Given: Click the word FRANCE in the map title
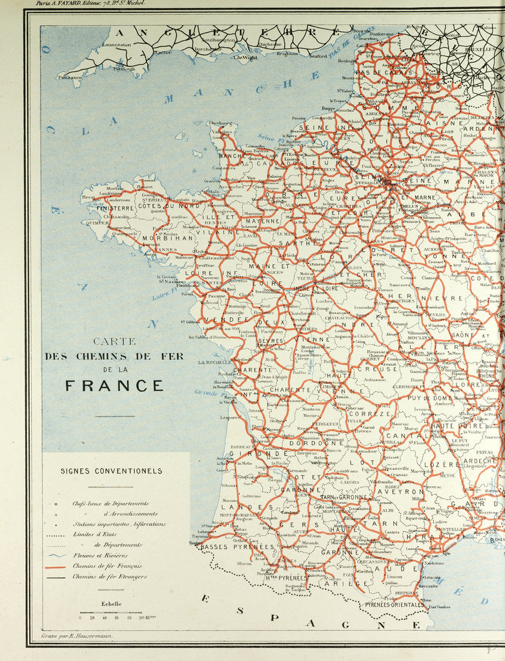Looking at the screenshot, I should [x=114, y=386].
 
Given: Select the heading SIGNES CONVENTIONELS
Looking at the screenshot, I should [x=111, y=471].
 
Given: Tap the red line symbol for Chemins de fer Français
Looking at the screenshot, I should [x=62, y=566].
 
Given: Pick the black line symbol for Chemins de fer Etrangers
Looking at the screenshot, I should [x=62, y=576].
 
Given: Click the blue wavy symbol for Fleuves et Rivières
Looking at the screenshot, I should [x=62, y=555].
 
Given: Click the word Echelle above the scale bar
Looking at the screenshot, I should [x=111, y=603].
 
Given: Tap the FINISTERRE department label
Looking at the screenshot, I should [x=115, y=209].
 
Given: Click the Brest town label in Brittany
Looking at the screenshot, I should [x=88, y=197].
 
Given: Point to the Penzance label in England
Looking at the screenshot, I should [x=70, y=77].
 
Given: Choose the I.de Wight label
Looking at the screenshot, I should [x=245, y=58].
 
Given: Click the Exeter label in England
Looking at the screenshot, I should [x=161, y=52].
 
